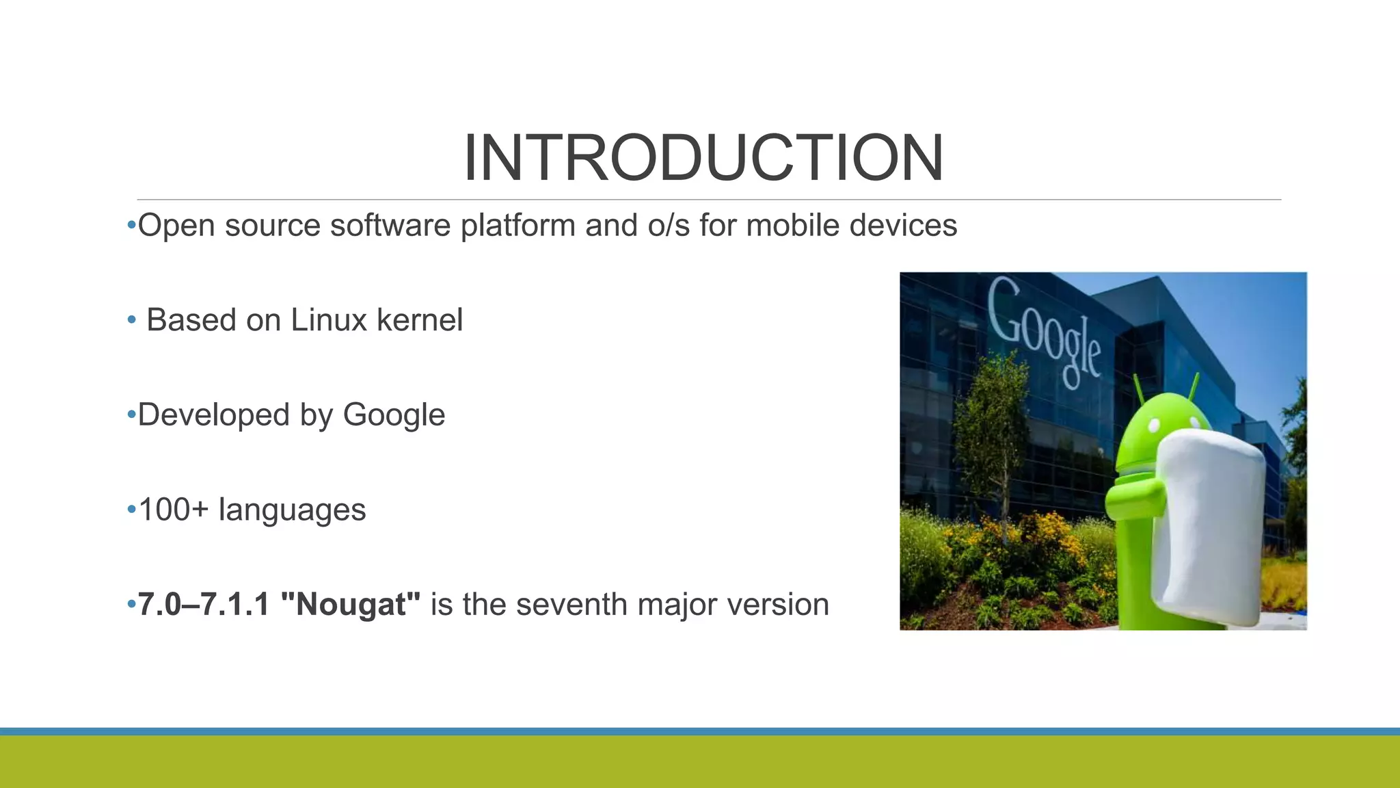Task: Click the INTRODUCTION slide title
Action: [703, 158]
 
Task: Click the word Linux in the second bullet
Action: [329, 320]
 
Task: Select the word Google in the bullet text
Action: [394, 415]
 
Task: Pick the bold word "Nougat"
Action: [351, 605]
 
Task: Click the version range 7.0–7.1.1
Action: [204, 605]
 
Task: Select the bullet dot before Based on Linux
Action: [131, 320]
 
